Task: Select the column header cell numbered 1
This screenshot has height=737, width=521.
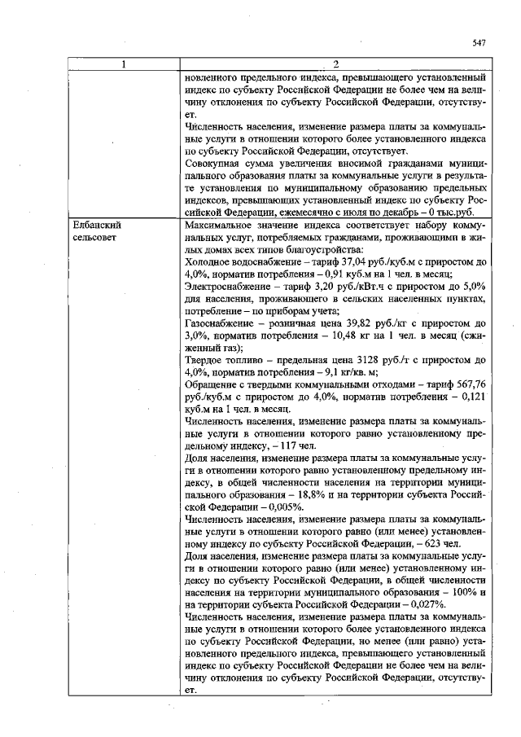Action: click(x=123, y=64)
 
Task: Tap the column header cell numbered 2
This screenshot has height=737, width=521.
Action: click(x=335, y=64)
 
